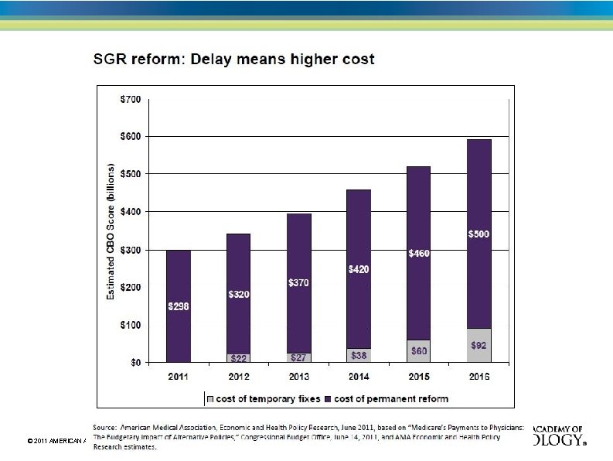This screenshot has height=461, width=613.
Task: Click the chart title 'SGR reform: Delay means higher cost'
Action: coord(233,60)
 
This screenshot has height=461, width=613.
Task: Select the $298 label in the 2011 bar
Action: coord(179,306)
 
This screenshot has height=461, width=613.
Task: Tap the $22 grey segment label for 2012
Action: coord(239,357)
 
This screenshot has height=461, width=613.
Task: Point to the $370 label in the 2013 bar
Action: coord(298,283)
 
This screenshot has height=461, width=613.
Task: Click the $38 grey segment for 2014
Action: coord(359,355)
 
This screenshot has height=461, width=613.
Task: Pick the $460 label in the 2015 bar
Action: coord(418,253)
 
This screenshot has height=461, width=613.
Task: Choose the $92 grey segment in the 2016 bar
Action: coord(478,345)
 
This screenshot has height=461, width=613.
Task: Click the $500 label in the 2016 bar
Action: coord(478,234)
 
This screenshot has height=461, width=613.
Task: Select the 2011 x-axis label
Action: coord(179,377)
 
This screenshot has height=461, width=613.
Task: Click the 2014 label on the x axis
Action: coord(359,377)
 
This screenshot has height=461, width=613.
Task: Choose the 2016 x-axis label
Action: coord(478,377)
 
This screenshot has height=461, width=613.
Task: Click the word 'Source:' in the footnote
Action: coord(105,427)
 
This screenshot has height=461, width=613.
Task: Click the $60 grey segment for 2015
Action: coord(418,351)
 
